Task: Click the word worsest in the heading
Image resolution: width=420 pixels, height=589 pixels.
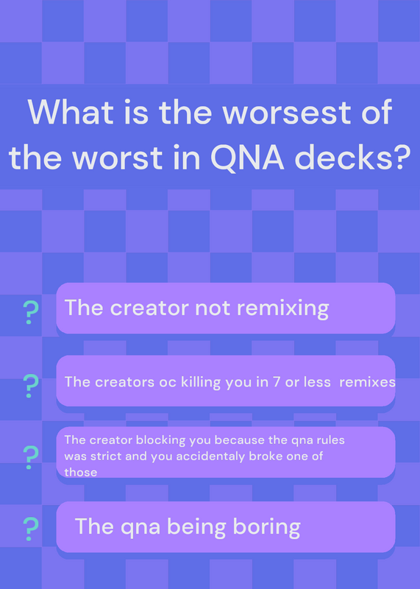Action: (x=287, y=112)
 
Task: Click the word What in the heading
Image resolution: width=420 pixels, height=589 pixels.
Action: (x=71, y=112)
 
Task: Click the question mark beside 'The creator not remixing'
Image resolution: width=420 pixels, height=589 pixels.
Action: (x=31, y=312)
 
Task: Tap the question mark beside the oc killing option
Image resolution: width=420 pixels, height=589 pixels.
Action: (x=31, y=386)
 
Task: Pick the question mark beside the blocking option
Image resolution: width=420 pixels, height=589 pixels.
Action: (x=31, y=457)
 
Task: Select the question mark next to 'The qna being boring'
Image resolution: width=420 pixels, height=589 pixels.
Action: (x=31, y=529)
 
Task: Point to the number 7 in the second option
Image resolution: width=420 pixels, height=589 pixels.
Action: (x=277, y=382)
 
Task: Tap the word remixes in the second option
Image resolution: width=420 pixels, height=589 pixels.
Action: (x=367, y=382)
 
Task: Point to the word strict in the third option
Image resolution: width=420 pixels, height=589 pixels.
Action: (x=104, y=456)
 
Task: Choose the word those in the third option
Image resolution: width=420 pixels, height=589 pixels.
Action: (x=81, y=472)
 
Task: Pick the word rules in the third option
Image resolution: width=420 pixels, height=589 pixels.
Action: (x=331, y=440)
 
